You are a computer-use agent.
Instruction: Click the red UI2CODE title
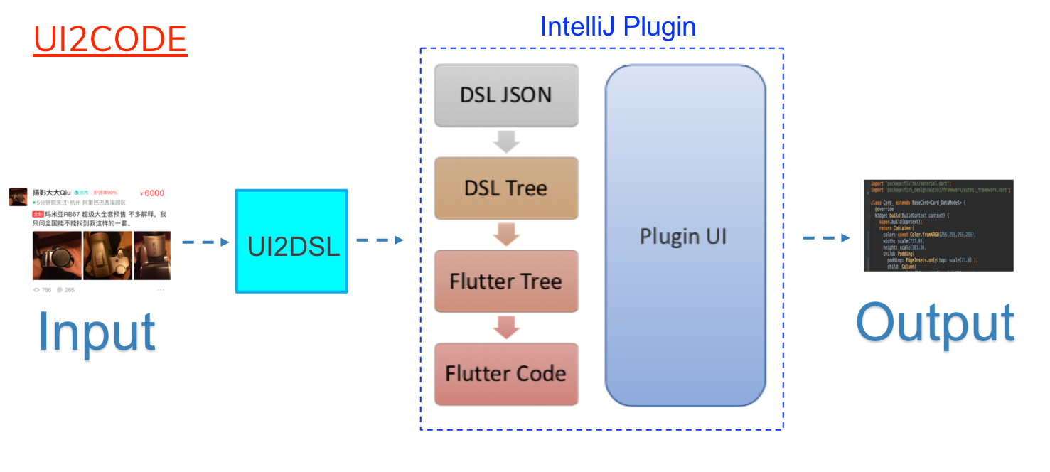(x=109, y=40)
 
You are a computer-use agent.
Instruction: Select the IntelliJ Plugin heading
(x=617, y=26)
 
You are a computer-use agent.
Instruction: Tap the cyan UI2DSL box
(x=291, y=241)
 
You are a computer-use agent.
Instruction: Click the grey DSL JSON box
(x=506, y=95)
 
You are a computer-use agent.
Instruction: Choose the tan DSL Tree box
(x=506, y=188)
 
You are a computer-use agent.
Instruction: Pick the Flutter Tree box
(x=506, y=281)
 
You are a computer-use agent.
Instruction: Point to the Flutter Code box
(x=506, y=374)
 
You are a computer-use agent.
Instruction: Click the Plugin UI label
(x=684, y=236)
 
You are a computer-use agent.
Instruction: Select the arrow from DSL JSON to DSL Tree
(x=506, y=141)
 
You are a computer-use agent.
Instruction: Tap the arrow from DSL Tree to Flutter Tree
(x=506, y=234)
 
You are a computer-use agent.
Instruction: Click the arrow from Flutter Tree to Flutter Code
(x=506, y=327)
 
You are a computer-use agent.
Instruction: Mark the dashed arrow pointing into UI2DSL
(x=205, y=242)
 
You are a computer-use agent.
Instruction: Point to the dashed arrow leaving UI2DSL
(x=380, y=240)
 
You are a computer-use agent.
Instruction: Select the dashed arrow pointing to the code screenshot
(x=826, y=237)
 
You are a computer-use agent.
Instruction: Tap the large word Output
(x=935, y=326)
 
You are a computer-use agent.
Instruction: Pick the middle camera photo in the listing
(x=107, y=255)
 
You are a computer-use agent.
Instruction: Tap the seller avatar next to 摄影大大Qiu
(x=18, y=196)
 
